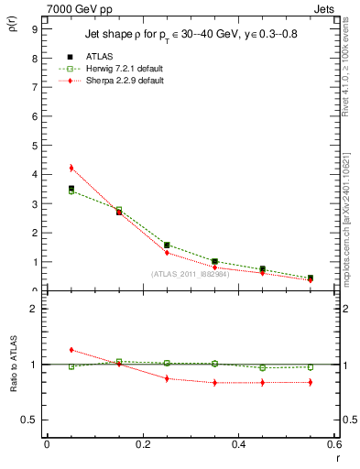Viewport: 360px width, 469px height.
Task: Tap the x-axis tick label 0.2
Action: tap(142, 444)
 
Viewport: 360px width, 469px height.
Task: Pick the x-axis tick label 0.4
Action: tap(238, 444)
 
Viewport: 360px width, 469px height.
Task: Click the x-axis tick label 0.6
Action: tap(333, 444)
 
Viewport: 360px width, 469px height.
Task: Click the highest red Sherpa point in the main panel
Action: tap(71, 168)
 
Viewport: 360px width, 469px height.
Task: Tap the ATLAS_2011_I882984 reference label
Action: tap(189, 274)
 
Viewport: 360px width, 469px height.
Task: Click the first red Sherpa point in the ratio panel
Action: tap(71, 350)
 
